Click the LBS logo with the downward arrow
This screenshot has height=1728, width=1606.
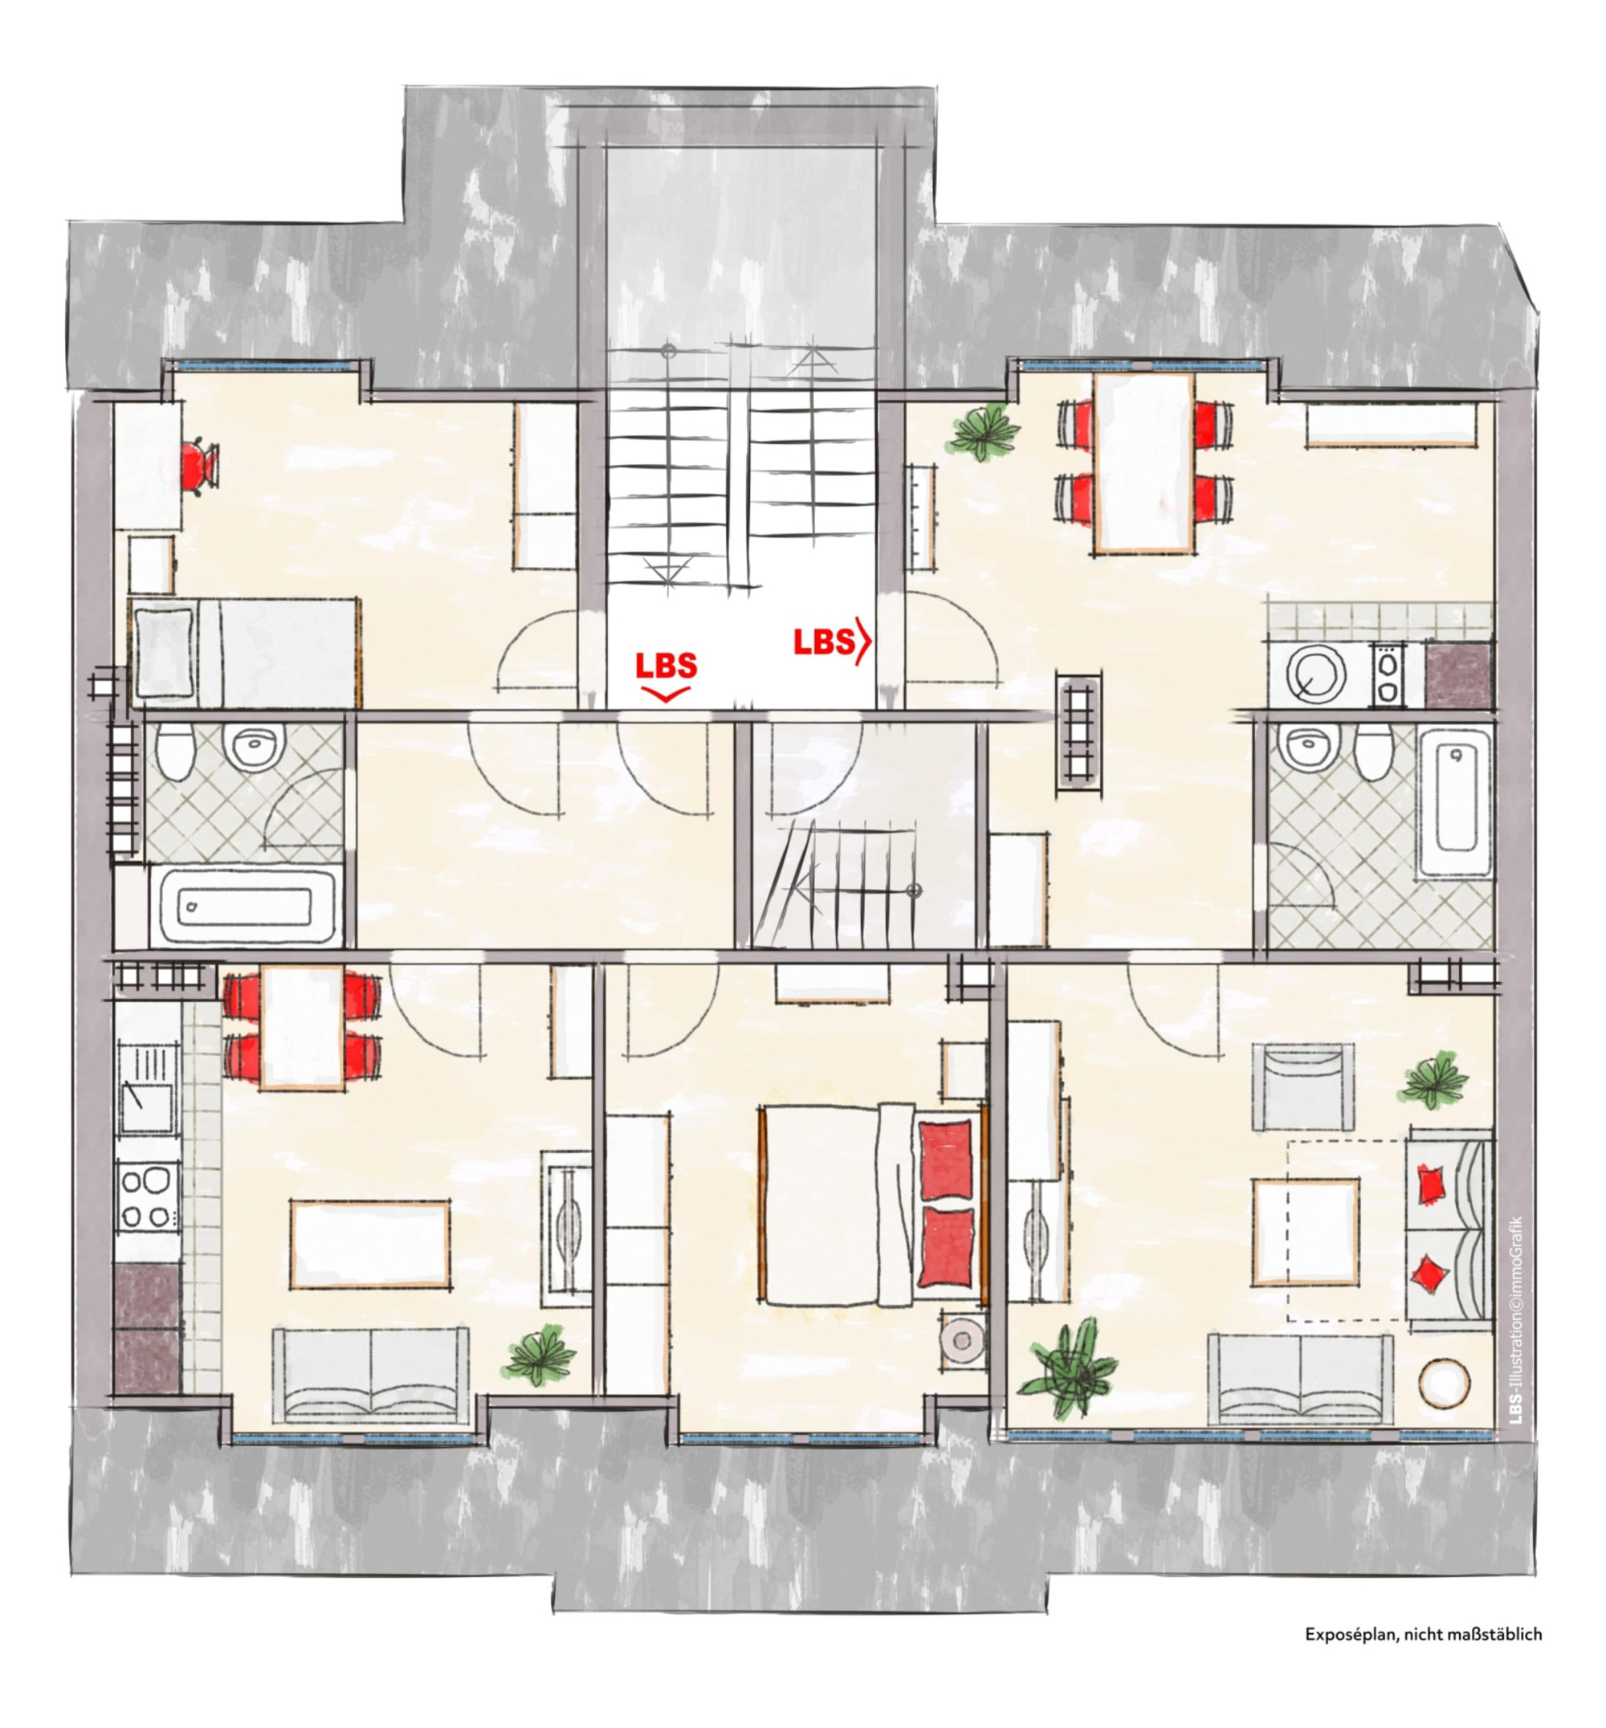pyautogui.click(x=666, y=676)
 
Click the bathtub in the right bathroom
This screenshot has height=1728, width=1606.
pyautogui.click(x=1457, y=798)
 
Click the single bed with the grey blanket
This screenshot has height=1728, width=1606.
pyautogui.click(x=245, y=651)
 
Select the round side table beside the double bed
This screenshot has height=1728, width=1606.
pyautogui.click(x=963, y=1339)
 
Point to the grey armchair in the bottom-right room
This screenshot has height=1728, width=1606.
pyautogui.click(x=1302, y=1086)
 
